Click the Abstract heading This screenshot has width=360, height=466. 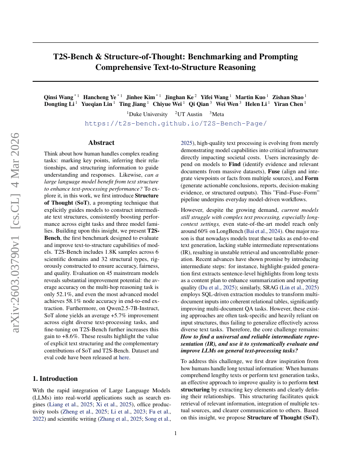[x=101, y=143]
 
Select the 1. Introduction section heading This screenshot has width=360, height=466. [x=55, y=378]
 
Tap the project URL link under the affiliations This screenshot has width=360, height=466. [x=175, y=123]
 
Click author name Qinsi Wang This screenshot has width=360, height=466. [x=58, y=97]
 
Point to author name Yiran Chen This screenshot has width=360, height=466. [x=288, y=104]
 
